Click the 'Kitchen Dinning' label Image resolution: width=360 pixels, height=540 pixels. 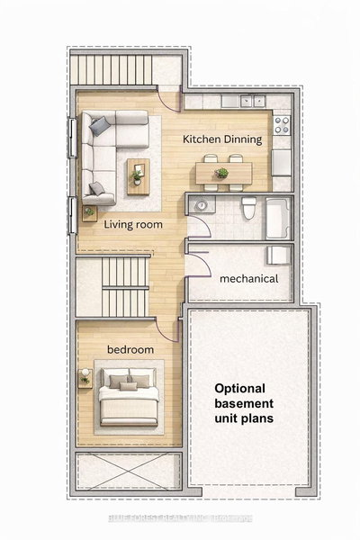[x=222, y=139]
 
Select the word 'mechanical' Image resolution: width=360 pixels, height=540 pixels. [x=249, y=279]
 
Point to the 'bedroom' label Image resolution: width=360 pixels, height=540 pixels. [x=130, y=349]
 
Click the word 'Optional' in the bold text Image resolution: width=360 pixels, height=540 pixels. [x=242, y=389]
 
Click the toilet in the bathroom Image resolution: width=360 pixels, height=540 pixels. [x=248, y=212]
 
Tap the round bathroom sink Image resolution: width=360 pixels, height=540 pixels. [x=202, y=206]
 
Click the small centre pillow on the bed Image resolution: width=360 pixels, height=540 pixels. [x=129, y=385]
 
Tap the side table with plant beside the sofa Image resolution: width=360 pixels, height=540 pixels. [x=89, y=213]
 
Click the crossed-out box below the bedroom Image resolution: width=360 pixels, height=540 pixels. [x=129, y=471]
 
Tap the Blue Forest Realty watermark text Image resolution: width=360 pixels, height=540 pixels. [x=180, y=518]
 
